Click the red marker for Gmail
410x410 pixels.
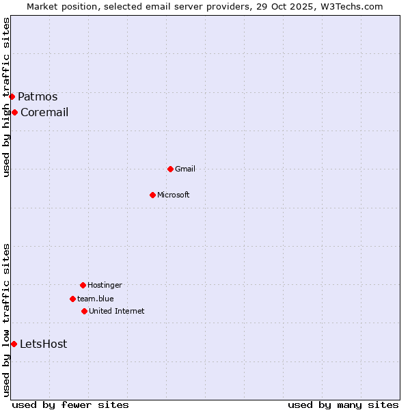tap(170, 169)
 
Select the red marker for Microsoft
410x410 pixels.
tap(152, 195)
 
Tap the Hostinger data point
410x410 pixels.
tap(83, 285)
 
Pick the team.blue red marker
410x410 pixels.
tap(72, 299)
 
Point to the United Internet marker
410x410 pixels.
tap(84, 311)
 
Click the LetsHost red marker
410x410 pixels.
tap(14, 344)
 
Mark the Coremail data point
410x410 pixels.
tap(14, 112)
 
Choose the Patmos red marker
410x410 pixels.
tap(12, 96)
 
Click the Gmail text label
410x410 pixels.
tap(185, 169)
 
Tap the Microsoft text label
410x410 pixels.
tap(174, 195)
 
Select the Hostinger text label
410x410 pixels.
tap(105, 285)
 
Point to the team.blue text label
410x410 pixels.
tap(96, 299)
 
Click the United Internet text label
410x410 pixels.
tap(117, 311)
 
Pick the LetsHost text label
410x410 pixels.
tap(44, 344)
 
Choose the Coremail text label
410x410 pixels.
tap(44, 112)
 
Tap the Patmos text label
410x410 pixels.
tap(38, 96)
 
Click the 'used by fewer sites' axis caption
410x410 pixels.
tap(70, 405)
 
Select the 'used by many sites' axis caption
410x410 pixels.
tap(343, 405)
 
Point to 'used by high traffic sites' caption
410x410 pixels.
tap(6, 97)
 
